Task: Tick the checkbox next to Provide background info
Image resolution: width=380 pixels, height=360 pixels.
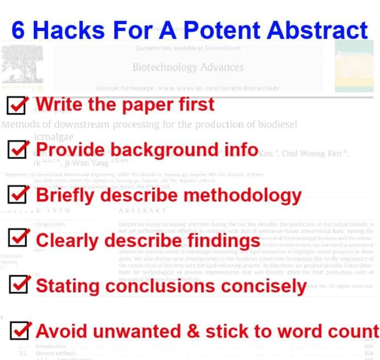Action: coord(19,150)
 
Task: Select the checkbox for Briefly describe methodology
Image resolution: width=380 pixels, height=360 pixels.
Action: coord(19,195)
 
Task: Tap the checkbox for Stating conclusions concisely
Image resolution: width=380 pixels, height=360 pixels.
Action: coord(19,285)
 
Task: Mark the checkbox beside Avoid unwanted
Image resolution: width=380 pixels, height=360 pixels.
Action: coord(19,330)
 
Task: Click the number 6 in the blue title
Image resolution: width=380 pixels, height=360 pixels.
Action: coord(18,29)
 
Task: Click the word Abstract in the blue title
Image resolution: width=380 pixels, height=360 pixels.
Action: coord(321,29)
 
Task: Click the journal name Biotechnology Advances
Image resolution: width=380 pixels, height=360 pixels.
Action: coord(188,67)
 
